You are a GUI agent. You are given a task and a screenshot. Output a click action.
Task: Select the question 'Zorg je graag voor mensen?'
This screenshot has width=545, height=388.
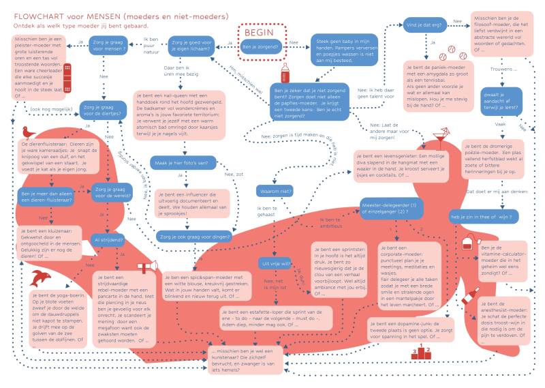[108, 46]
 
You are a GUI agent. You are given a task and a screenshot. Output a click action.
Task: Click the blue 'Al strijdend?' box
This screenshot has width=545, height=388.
[108, 239]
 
